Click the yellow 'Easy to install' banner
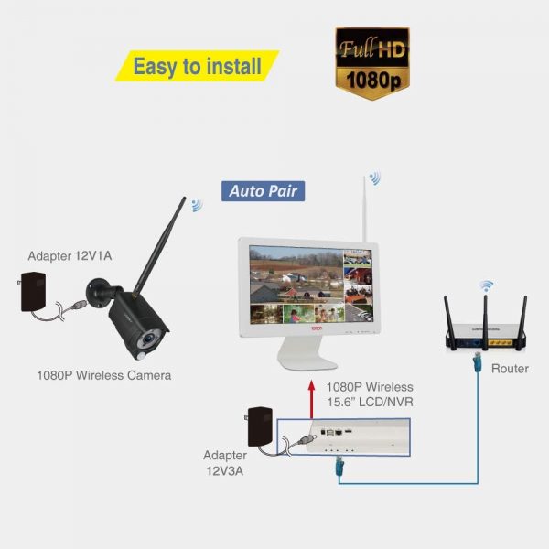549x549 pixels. pos(197,66)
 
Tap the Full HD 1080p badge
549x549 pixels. pos(372,63)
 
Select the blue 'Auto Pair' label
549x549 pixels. pos(263,191)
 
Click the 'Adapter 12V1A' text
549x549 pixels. pos(70,256)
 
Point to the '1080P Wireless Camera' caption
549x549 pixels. pos(104,375)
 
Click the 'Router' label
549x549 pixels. pos(510,369)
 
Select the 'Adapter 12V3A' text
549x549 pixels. pos(225,463)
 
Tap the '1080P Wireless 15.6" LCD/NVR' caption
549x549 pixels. pos(370,394)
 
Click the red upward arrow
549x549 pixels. pos(311,400)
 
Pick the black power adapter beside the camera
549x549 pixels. pos(32,291)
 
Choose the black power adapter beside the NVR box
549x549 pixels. pos(260,426)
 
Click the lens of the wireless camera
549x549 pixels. pos(149,339)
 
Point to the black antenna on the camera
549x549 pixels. pos(160,244)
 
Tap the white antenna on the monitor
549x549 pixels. pos(364,209)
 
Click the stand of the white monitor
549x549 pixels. pos(307,353)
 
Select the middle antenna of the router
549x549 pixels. pos(485,322)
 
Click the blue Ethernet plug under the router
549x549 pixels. pos(477,362)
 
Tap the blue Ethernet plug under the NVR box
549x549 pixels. pos(339,466)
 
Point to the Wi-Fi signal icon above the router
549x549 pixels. pos(487,286)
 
